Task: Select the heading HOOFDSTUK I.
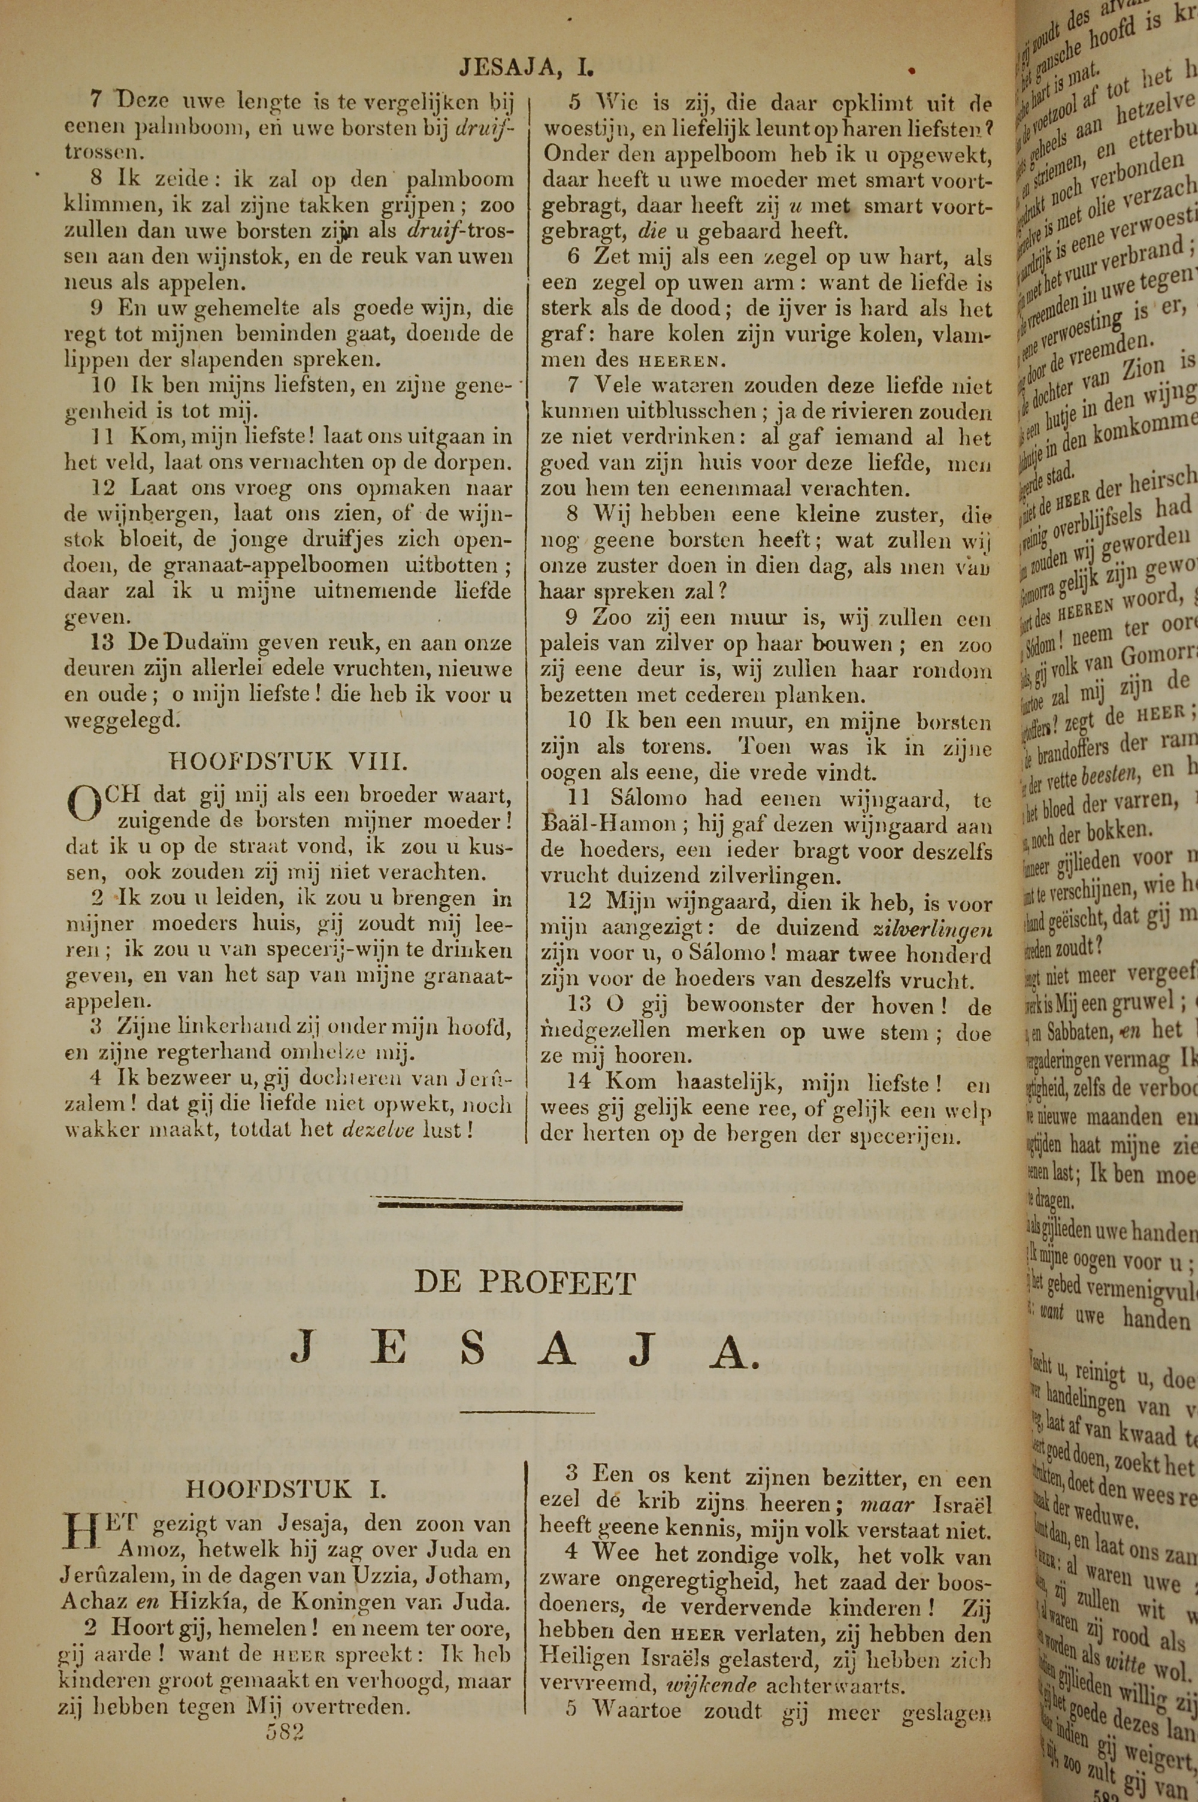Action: (x=286, y=1489)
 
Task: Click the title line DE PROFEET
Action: (x=525, y=1283)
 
